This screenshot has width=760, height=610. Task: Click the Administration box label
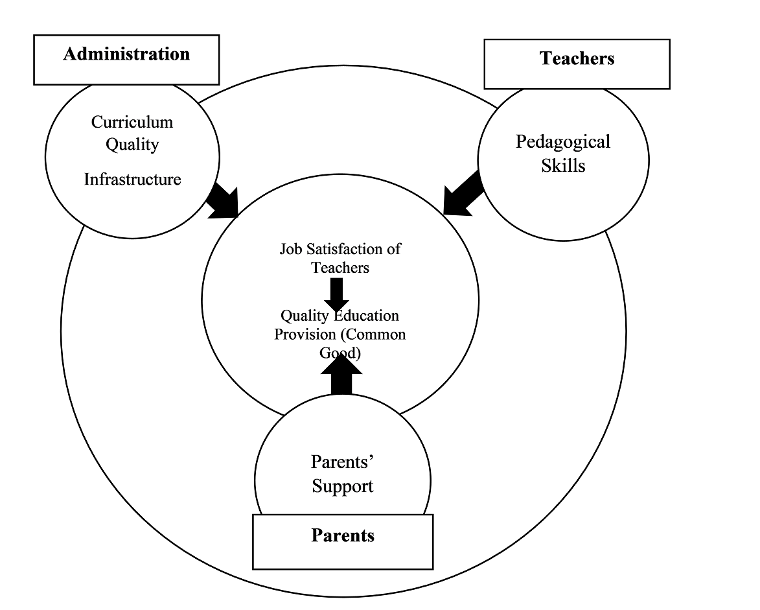(126, 54)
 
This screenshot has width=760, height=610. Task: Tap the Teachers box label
(577, 58)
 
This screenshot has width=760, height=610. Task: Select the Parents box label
(343, 535)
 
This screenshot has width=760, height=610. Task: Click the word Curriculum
(132, 122)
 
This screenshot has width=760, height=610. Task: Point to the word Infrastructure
(132, 180)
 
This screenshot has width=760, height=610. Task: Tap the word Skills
(563, 166)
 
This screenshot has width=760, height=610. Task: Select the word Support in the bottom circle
(343, 486)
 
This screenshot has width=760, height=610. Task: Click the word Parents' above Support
(342, 462)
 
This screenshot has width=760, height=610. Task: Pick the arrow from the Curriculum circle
(222, 201)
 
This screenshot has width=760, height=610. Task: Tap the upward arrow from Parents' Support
(341, 373)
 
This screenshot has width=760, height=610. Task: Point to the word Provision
(305, 334)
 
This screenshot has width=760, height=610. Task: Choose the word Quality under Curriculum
(132, 145)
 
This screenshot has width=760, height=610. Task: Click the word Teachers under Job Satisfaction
(340, 268)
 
